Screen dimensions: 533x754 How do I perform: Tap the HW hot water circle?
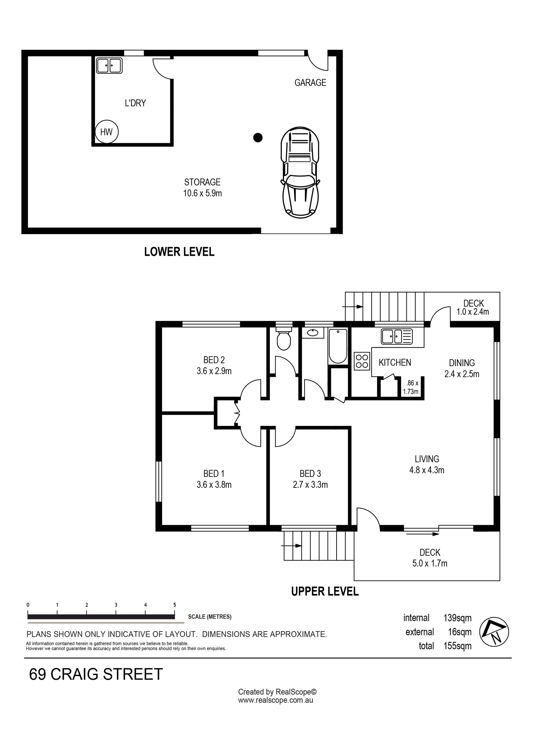(106, 132)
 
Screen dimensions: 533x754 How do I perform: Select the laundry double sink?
(109, 65)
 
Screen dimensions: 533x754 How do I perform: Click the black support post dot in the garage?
(258, 138)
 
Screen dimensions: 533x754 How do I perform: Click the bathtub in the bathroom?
(338, 346)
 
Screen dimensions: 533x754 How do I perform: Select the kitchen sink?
(397, 336)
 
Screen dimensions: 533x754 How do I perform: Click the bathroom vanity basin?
(313, 333)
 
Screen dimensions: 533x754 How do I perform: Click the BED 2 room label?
(214, 360)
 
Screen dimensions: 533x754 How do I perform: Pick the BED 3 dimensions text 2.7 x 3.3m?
(310, 485)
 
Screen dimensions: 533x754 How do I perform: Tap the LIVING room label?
(427, 459)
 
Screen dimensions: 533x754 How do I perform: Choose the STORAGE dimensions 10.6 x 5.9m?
(202, 193)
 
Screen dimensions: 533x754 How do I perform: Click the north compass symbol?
(494, 632)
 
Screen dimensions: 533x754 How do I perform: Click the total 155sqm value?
(458, 646)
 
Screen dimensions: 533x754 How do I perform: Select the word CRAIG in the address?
(74, 674)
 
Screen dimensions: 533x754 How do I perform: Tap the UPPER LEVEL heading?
(325, 591)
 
